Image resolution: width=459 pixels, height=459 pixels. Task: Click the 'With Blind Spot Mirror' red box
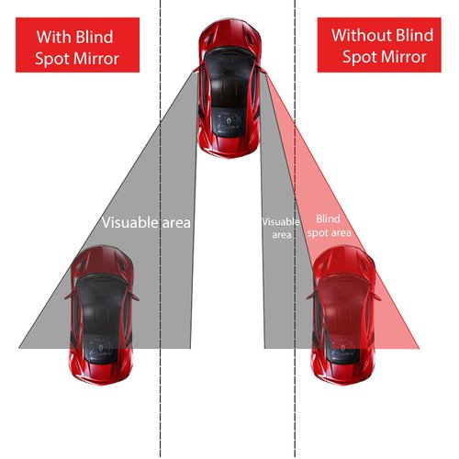77,45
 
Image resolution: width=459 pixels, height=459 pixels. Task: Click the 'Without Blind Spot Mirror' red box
382,45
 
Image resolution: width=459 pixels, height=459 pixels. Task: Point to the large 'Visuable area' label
146,221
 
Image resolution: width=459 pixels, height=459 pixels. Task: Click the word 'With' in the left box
51,37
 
